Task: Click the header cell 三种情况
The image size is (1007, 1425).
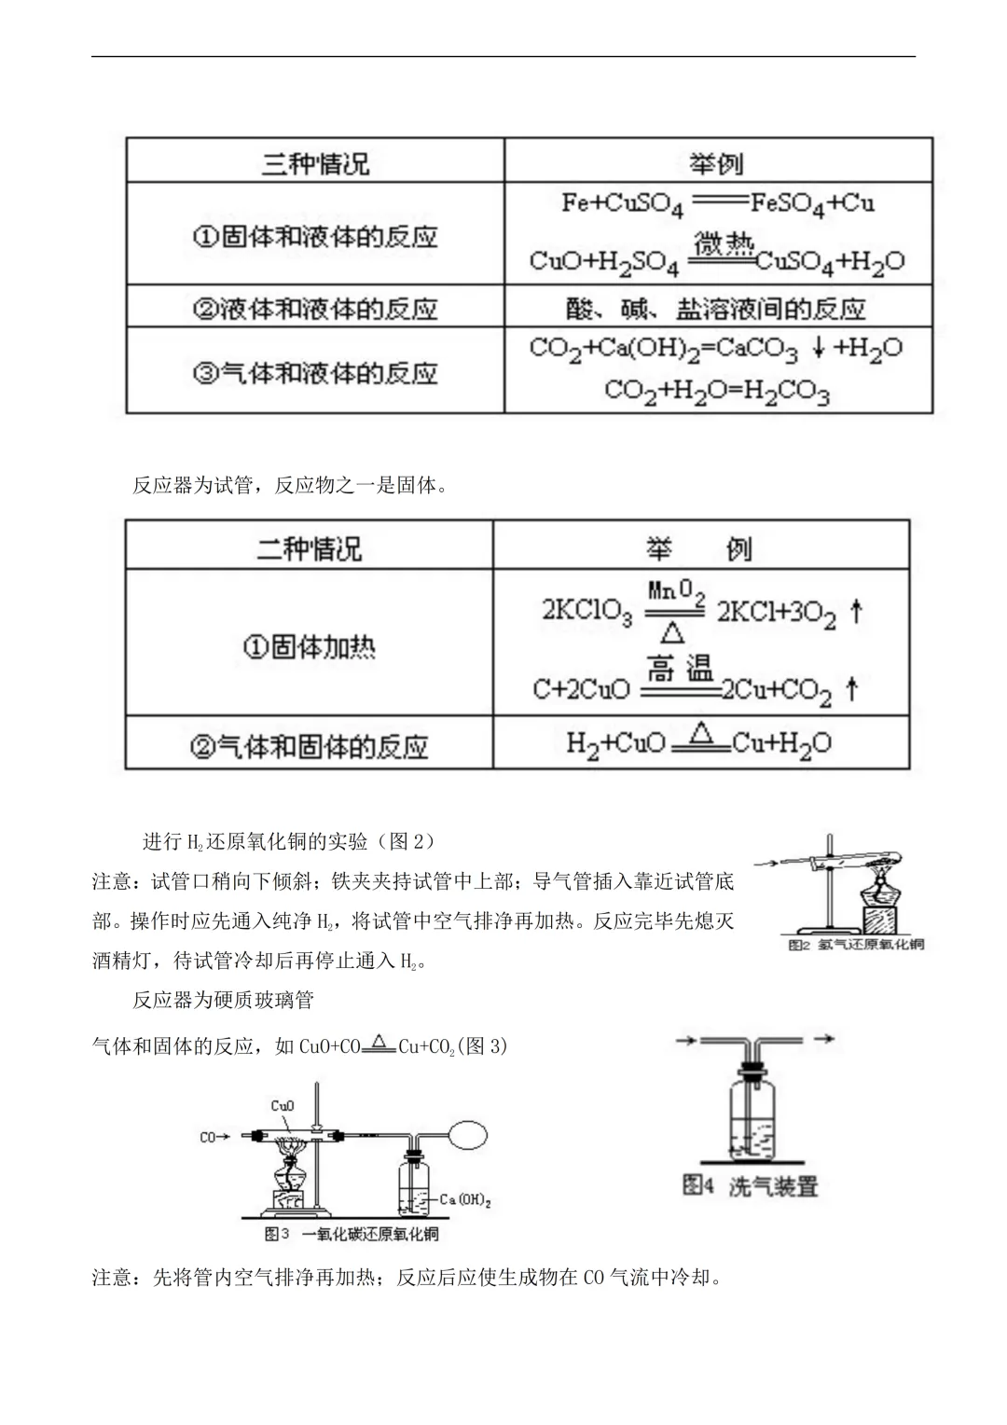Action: (315, 164)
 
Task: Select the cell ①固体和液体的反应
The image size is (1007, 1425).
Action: (315, 236)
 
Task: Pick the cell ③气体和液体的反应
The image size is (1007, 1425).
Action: (315, 372)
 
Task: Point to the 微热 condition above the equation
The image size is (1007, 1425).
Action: (724, 246)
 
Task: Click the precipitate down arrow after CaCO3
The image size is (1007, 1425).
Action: (818, 348)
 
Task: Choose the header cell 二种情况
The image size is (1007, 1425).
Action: (309, 547)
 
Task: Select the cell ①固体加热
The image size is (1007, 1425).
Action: (309, 645)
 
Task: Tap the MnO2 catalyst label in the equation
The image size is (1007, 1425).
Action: (676, 590)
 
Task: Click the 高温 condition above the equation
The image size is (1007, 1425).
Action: (680, 668)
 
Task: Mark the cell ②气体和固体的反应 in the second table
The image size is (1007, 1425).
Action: (309, 745)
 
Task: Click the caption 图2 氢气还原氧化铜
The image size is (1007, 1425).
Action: (856, 945)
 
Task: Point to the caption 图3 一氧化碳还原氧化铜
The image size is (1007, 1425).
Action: (352, 1233)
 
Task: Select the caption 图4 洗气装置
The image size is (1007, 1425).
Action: (750, 1185)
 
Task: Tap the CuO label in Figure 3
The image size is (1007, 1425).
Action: (283, 1106)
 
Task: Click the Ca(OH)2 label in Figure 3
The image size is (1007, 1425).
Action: (465, 1199)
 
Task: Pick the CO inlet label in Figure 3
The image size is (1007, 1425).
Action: (208, 1137)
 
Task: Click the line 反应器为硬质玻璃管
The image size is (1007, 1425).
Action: (224, 1000)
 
